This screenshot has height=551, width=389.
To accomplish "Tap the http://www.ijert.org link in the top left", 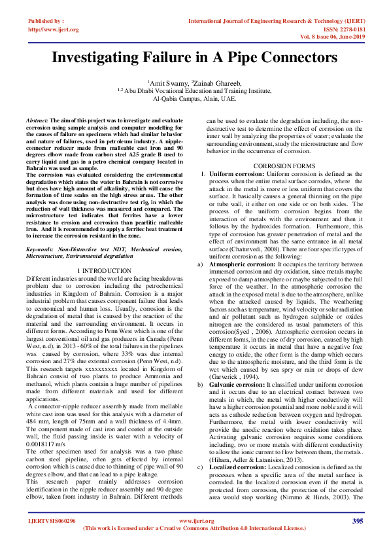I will [x=53, y=29].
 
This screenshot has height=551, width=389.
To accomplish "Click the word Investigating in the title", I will [x=103, y=58].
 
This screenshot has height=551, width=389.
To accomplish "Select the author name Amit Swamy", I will [x=167, y=84].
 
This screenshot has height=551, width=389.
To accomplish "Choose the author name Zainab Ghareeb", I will [x=215, y=84].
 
